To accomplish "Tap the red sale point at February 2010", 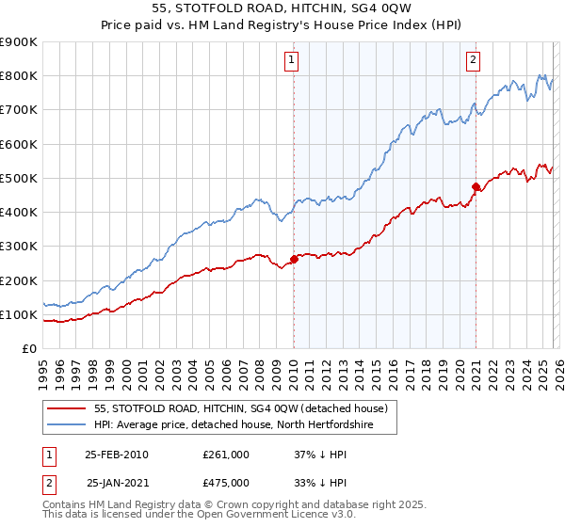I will [x=294, y=259].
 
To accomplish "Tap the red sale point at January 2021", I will [x=476, y=186].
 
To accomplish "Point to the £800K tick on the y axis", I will [x=19, y=76].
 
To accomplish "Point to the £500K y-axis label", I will [x=19, y=179].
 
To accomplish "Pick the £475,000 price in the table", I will [x=226, y=483].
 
